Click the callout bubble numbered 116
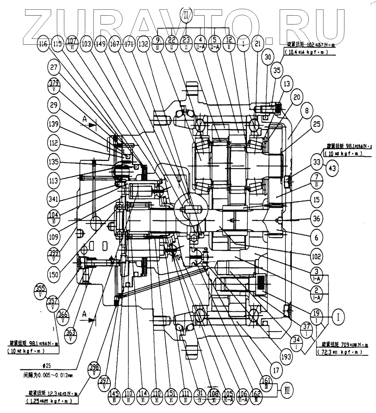(43, 44)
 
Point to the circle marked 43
(332, 168)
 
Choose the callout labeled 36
(317, 219)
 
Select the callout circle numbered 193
(286, 356)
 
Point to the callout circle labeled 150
(53, 274)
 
